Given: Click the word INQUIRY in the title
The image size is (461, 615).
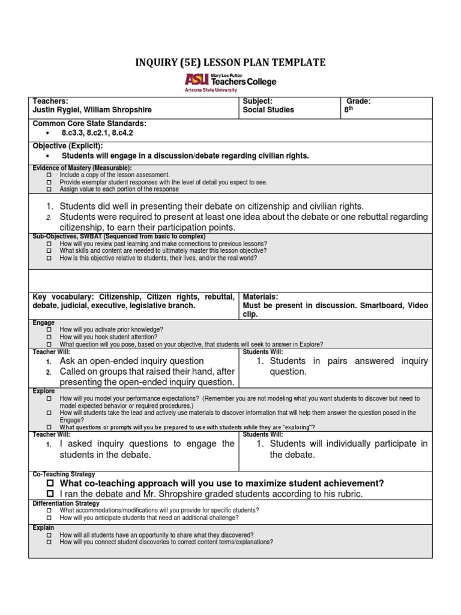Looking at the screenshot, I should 158,62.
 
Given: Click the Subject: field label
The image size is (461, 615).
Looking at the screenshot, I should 258,101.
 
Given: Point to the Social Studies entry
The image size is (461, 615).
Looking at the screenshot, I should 268,110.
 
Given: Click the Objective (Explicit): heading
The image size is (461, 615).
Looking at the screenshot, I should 68,146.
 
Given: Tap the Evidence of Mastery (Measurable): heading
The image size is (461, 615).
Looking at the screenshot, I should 82,168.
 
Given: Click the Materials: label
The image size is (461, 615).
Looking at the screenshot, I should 260,296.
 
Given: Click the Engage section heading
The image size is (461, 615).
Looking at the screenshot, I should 44,323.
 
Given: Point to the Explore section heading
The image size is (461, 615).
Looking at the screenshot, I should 44,391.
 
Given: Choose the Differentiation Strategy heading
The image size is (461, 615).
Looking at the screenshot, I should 66,503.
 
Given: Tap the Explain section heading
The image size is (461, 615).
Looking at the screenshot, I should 43,528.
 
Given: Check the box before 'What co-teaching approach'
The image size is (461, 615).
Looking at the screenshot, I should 50,483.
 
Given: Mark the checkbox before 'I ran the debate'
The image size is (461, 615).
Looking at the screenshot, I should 50,494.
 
